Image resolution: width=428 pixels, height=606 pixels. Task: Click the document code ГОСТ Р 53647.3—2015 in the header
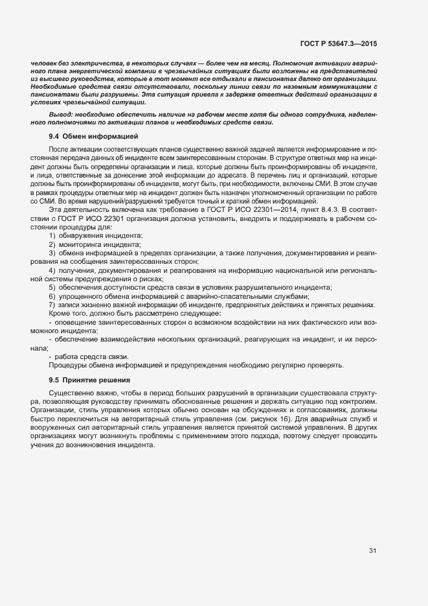[x=339, y=43]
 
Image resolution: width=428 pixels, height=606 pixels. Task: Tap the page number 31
[x=372, y=551]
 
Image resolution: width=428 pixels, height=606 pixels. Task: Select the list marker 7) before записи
[x=52, y=305]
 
